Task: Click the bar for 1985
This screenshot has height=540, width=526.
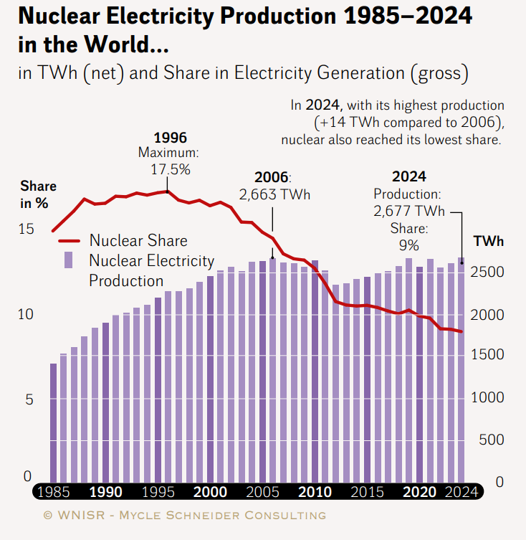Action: coord(53,423)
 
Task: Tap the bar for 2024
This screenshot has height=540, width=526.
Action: coord(462,370)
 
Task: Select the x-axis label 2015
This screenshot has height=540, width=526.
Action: coord(366,493)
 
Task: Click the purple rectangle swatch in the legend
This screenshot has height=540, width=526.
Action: coord(70,260)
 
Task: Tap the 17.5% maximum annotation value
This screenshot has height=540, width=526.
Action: coord(170,169)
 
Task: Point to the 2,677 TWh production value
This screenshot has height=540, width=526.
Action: coord(409,211)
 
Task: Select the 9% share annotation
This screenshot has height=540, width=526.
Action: coord(409,245)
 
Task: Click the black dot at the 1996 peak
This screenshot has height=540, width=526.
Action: coord(168,191)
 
